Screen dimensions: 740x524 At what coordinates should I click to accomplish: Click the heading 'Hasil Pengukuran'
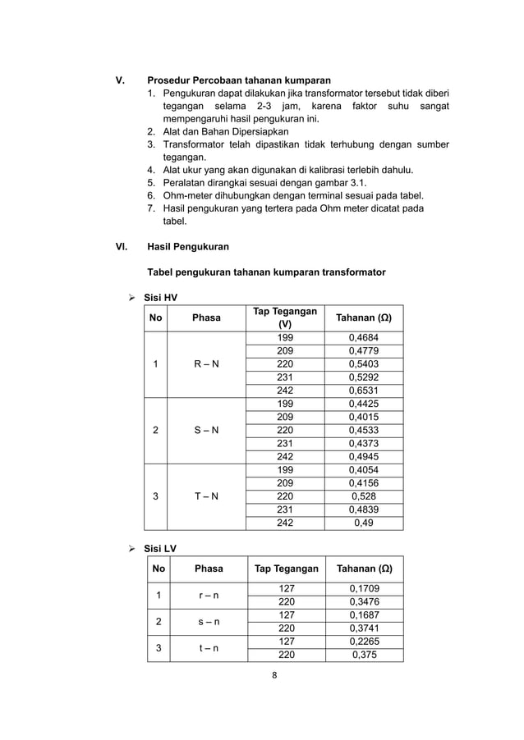(x=187, y=246)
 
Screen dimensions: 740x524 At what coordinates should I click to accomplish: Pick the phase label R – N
(x=206, y=364)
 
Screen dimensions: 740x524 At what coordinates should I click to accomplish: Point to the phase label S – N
(x=206, y=430)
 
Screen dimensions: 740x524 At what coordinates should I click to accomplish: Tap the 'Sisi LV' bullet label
(x=160, y=548)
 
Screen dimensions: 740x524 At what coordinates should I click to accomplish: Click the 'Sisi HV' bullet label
(x=161, y=297)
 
